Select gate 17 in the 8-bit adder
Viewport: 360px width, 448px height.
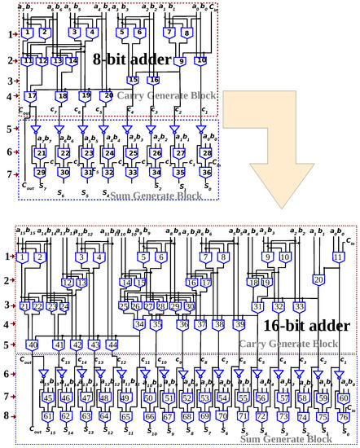[x=32, y=96]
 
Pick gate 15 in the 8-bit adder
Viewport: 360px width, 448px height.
[x=132, y=80]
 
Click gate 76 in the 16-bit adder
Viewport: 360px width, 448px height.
[x=343, y=418]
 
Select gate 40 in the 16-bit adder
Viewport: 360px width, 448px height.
[x=33, y=345]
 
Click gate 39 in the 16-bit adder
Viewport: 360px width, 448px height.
[x=240, y=324]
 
